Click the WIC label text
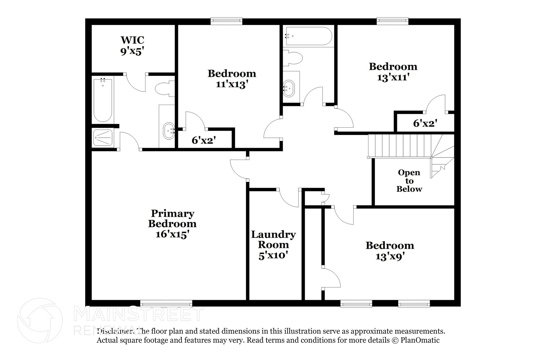(x=132, y=40)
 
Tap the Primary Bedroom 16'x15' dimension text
(x=172, y=234)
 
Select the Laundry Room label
(x=273, y=239)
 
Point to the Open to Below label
(x=409, y=181)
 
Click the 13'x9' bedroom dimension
(x=390, y=256)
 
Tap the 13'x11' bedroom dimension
(x=393, y=78)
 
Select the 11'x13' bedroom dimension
(x=232, y=84)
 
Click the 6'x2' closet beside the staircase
(x=425, y=123)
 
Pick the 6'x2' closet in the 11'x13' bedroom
(x=204, y=140)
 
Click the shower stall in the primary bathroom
(x=103, y=137)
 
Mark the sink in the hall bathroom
(x=289, y=88)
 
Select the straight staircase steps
(x=399, y=146)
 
